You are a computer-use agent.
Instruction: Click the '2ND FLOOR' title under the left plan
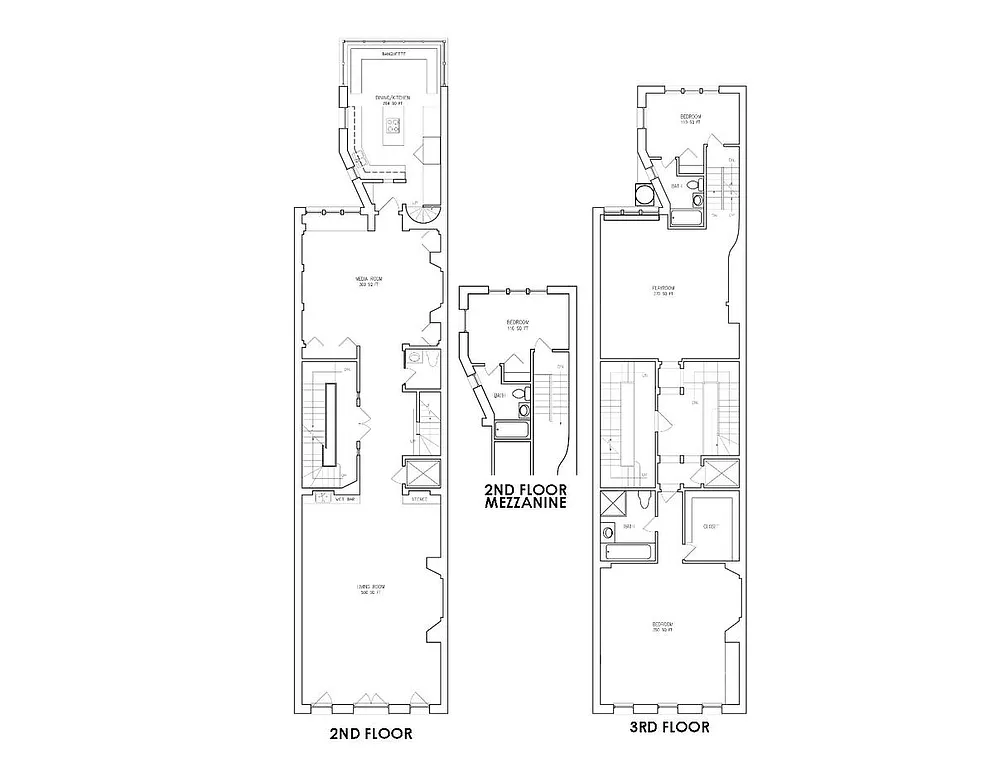click(370, 733)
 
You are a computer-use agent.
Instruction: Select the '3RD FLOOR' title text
click(669, 727)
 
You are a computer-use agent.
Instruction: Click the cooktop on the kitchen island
click(393, 127)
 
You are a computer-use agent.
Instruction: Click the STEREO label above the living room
click(420, 497)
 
